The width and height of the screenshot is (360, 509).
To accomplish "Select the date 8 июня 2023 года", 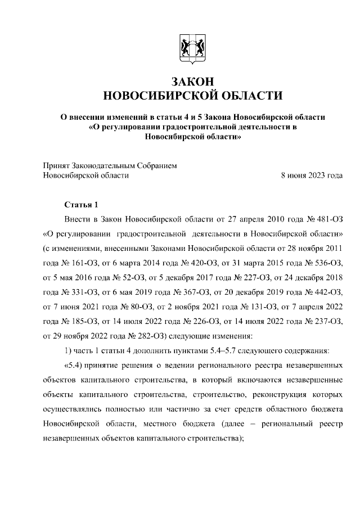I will [312, 175].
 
